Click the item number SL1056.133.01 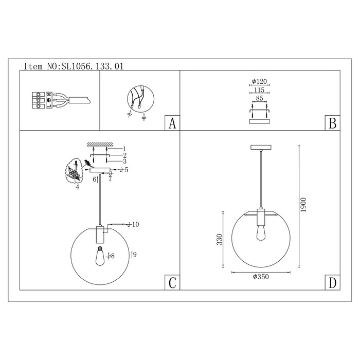pyautogui.click(x=92, y=66)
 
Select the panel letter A pyautogui.click(x=172, y=123)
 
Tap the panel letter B pyautogui.click(x=332, y=123)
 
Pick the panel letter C pyautogui.click(x=172, y=283)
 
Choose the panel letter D pyautogui.click(x=332, y=283)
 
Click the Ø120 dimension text pyautogui.click(x=259, y=81)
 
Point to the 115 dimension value pyautogui.click(x=259, y=90)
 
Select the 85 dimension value pyautogui.click(x=259, y=98)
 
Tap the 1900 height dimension pyautogui.click(x=303, y=205)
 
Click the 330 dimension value pyautogui.click(x=220, y=240)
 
